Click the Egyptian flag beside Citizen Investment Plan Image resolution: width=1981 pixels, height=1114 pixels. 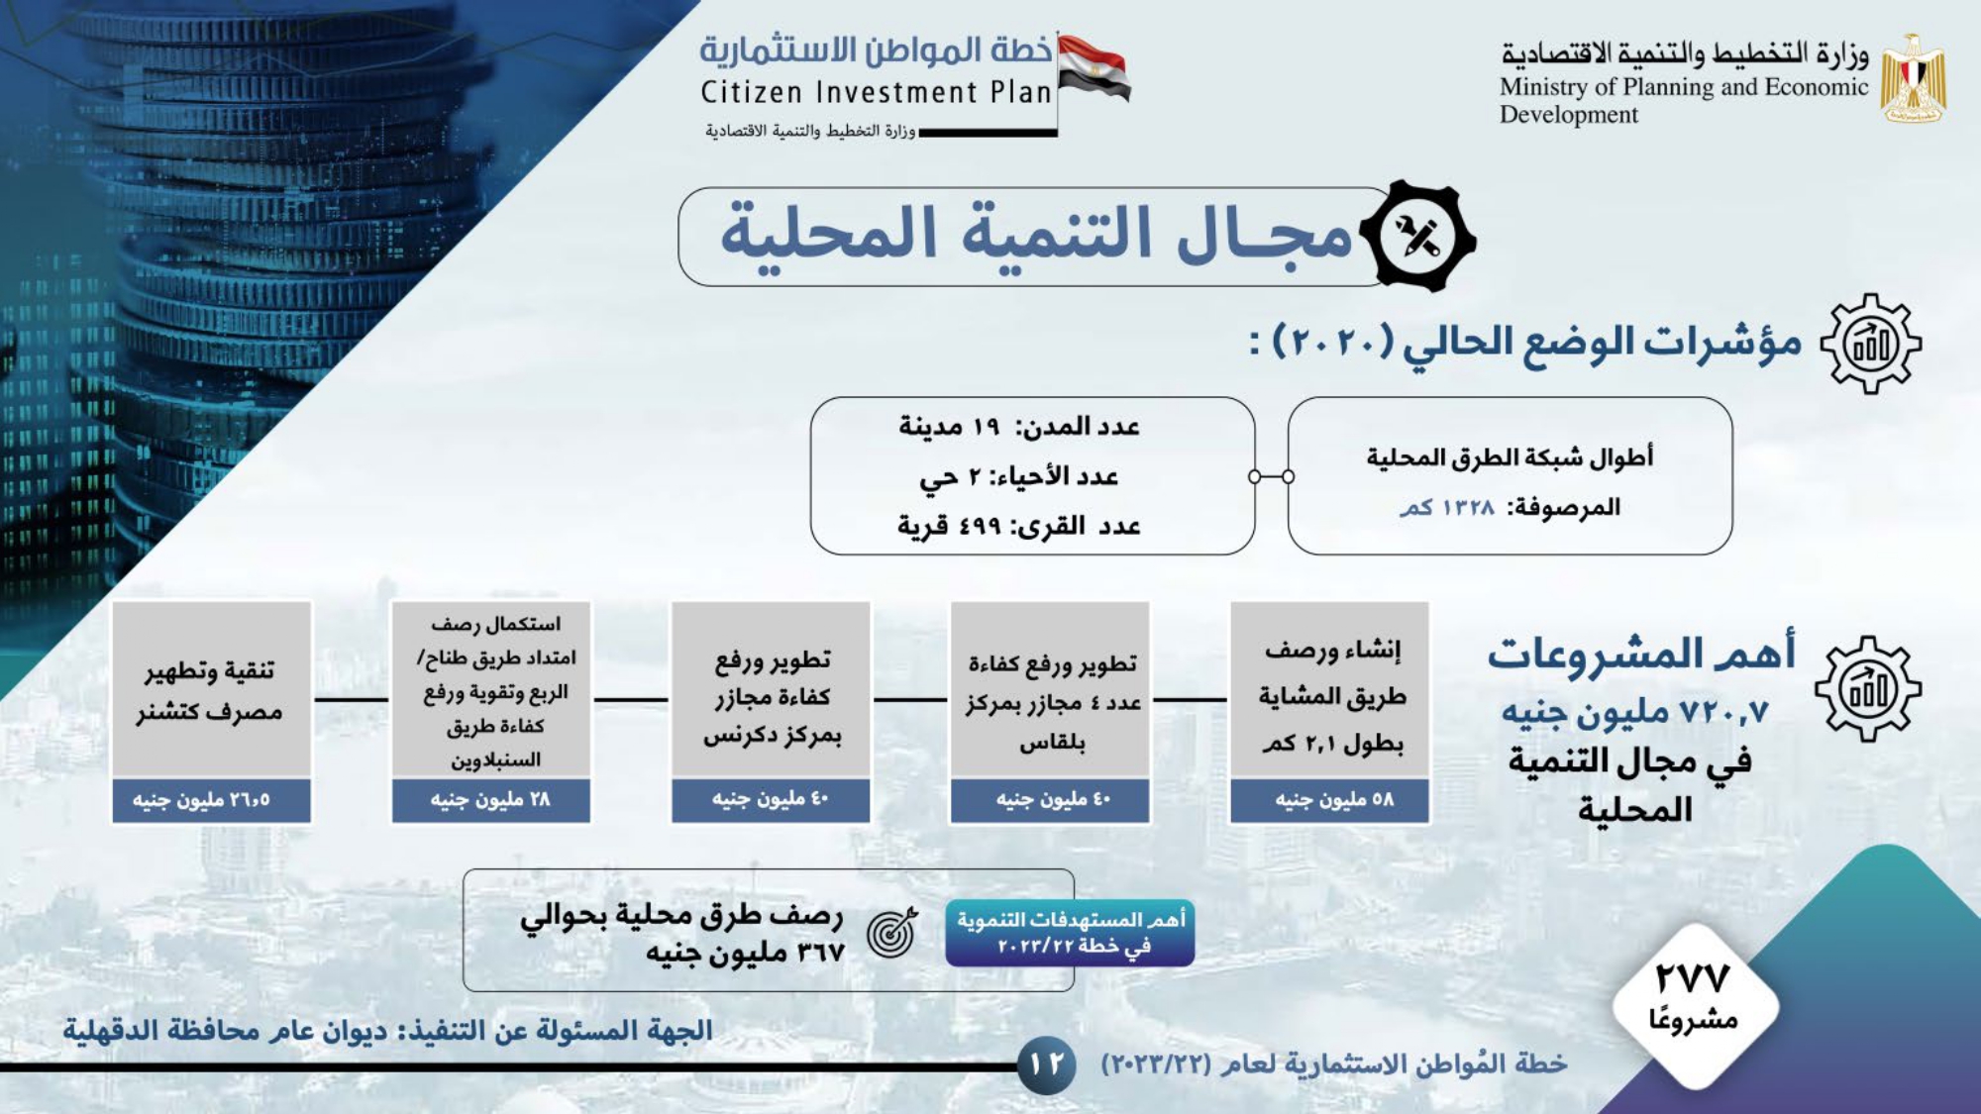click(1094, 67)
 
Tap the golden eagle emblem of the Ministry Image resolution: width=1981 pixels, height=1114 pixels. click(1913, 79)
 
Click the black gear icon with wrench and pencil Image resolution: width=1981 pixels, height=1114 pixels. click(1417, 237)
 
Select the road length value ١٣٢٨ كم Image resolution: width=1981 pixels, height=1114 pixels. click(1446, 507)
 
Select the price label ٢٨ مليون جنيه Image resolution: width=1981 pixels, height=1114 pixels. click(491, 800)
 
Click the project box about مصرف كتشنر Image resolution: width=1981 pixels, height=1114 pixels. click(211, 689)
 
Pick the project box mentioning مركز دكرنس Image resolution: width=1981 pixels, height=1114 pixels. click(771, 689)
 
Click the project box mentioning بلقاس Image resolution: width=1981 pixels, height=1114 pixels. click(1050, 689)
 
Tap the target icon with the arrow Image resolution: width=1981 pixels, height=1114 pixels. click(892, 932)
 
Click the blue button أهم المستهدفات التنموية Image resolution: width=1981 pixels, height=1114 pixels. click(1070, 933)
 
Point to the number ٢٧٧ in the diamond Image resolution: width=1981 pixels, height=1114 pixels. click(1693, 978)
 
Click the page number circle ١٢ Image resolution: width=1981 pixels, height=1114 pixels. click(1047, 1064)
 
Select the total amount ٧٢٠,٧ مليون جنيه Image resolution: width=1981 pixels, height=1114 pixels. click(1634, 711)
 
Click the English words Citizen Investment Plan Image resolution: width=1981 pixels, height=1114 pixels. click(876, 92)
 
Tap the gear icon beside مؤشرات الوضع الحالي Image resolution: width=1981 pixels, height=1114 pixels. click(1870, 344)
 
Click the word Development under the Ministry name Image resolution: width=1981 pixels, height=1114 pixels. click(1568, 115)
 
